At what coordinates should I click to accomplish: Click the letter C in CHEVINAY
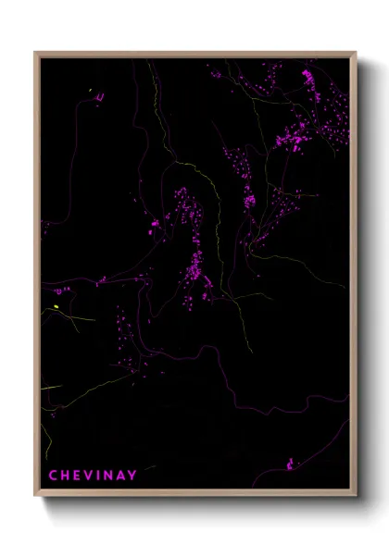53,476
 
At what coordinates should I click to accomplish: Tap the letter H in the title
65,476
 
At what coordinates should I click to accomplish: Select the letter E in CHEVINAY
77,476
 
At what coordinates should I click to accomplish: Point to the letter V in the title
89,476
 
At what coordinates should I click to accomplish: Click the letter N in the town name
108,476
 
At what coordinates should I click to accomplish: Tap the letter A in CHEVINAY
121,476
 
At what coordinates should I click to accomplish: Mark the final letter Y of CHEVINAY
133,476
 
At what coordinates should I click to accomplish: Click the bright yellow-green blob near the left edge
56,307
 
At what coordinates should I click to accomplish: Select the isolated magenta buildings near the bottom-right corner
292,463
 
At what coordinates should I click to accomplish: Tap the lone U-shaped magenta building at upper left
99,95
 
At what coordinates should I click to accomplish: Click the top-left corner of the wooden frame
35,53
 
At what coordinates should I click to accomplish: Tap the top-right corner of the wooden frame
356,53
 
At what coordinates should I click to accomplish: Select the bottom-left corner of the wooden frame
35,496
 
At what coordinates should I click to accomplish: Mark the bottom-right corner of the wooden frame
356,496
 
